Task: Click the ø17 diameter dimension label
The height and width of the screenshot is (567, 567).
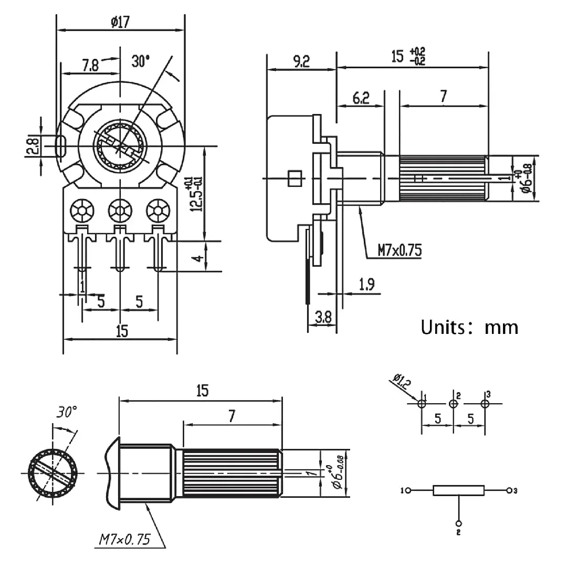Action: click(120, 22)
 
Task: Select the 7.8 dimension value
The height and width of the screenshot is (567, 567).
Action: click(90, 65)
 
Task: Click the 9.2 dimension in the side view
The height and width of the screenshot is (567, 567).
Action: click(301, 62)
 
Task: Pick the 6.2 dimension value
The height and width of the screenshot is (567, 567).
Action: click(361, 97)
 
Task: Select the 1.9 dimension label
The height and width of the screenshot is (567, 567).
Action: click(366, 285)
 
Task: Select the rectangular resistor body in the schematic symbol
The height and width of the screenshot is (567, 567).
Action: click(458, 491)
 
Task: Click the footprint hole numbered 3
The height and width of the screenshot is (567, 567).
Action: click(485, 404)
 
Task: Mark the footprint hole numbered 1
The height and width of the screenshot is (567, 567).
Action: click(422, 404)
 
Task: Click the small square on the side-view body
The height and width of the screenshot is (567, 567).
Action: click(295, 178)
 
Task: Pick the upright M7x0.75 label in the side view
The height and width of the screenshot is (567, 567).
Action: click(400, 250)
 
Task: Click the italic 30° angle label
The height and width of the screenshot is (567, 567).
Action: click(68, 413)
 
